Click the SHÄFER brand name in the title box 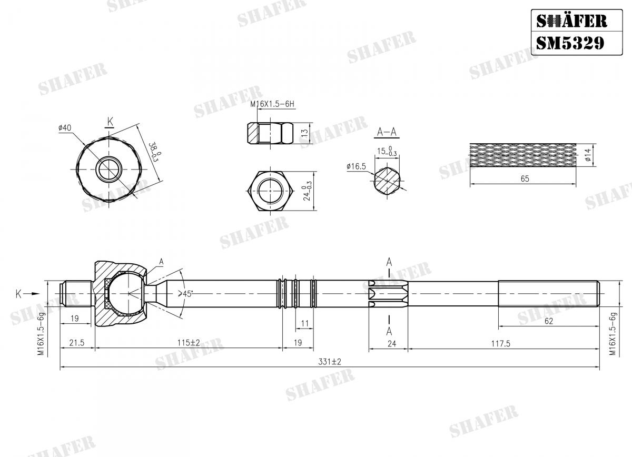coord(571,21)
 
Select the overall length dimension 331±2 coord(330,362)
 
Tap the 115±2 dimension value coord(188,343)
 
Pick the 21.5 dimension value coord(77,343)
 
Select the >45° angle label coord(185,293)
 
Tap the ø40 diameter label coord(65,127)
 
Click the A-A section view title coord(387,132)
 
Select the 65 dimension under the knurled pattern coord(524,179)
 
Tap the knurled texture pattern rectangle coord(524,155)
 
